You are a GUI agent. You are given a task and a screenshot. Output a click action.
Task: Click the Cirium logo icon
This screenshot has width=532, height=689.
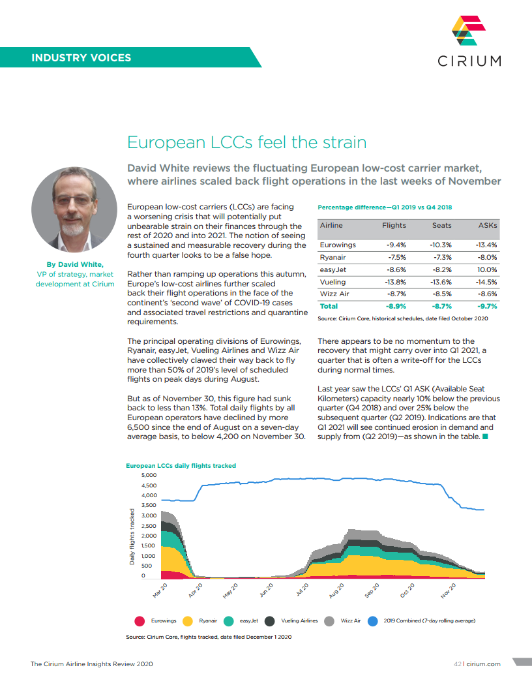(x=469, y=31)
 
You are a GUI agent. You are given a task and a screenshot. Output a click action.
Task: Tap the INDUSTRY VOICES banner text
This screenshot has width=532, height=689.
(x=81, y=57)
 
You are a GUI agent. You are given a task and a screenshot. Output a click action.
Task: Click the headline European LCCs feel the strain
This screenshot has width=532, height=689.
(x=246, y=142)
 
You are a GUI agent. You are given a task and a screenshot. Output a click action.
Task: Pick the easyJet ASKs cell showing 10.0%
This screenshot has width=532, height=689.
(x=486, y=269)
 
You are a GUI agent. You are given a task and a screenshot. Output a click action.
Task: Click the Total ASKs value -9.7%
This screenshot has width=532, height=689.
(x=486, y=306)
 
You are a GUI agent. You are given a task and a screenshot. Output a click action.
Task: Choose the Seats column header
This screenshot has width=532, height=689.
(x=442, y=225)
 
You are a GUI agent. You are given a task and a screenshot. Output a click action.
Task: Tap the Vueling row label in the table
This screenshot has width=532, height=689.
(x=333, y=282)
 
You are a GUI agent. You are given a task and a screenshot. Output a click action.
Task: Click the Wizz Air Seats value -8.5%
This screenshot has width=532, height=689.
(x=442, y=294)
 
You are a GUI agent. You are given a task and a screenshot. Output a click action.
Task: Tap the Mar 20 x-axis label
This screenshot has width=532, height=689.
(x=160, y=590)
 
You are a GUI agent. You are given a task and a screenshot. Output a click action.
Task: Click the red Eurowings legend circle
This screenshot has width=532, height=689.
(x=139, y=621)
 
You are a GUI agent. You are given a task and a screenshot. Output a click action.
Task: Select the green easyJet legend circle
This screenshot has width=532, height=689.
(x=229, y=621)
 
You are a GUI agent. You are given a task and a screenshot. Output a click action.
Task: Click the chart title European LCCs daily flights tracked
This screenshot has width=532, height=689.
(x=181, y=466)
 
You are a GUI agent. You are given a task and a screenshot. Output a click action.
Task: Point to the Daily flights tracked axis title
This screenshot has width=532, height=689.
(x=132, y=536)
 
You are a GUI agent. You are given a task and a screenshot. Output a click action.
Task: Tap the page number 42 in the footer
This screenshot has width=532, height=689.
(x=458, y=664)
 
